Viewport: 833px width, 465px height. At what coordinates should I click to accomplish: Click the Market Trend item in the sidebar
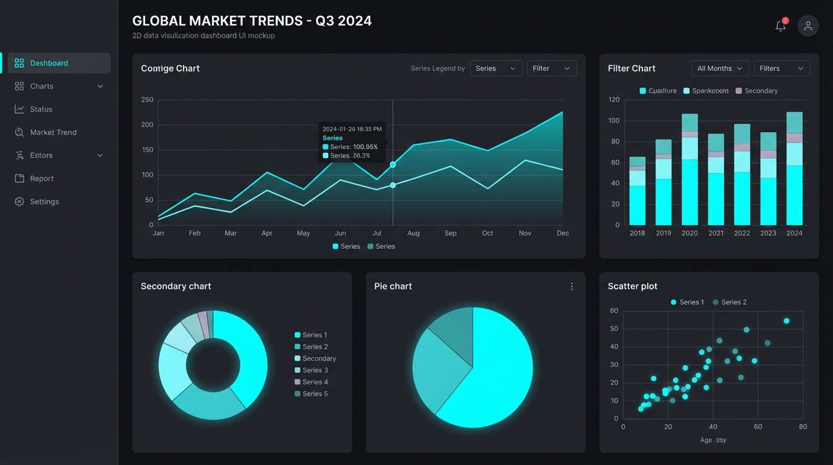pos(53,132)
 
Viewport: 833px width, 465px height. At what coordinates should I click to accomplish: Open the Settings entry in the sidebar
pos(44,202)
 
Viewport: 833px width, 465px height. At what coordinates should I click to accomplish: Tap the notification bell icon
pos(780,26)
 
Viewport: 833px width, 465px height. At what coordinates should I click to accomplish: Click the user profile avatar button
pos(808,26)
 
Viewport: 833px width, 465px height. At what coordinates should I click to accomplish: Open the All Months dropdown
pos(720,68)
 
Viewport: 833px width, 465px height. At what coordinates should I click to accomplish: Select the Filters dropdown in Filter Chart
pos(781,68)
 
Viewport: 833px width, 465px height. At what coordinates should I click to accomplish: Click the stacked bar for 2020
pos(690,170)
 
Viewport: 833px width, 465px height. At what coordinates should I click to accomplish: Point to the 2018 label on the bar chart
pos(637,233)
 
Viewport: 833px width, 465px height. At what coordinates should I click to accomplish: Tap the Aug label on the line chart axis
pos(413,233)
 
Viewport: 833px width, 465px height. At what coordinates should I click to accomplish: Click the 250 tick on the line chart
pos(147,100)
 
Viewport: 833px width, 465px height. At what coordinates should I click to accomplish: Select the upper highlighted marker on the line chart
pos(393,165)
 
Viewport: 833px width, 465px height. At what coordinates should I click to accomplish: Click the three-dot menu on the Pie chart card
pos(571,286)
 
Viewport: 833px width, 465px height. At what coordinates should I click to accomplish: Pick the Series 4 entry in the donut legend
pos(315,382)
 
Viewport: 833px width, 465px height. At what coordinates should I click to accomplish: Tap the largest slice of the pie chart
pos(496,369)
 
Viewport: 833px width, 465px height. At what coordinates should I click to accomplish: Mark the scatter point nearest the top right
pos(786,321)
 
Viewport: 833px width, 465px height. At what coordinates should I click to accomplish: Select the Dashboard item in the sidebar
pos(48,63)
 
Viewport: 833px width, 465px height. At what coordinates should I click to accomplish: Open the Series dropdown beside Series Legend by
pos(495,68)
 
